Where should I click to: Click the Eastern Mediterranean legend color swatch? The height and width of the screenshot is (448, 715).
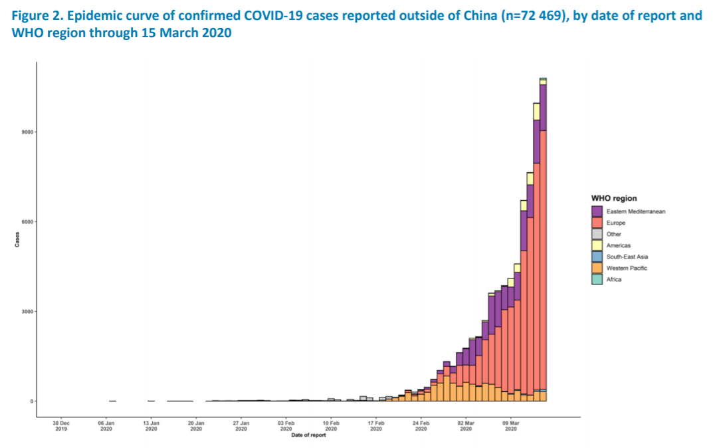[x=597, y=211]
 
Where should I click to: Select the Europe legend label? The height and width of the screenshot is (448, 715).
[x=615, y=223]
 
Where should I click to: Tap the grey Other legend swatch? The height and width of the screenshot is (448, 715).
[x=597, y=234]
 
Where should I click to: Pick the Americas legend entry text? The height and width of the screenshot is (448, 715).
[x=618, y=245]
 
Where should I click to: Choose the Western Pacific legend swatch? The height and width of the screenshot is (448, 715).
[x=597, y=268]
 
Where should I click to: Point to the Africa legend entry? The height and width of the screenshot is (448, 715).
[x=614, y=279]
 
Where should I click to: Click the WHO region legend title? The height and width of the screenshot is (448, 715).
[x=614, y=198]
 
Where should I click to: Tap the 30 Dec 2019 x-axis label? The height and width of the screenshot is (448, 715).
[x=60, y=425]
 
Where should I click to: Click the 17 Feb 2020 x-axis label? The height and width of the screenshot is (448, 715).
[x=376, y=425]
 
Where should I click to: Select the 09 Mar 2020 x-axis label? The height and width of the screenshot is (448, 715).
[x=511, y=425]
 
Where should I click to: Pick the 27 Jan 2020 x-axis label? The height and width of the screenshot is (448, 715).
[x=241, y=425]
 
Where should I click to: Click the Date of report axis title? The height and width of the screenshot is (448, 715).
[x=308, y=435]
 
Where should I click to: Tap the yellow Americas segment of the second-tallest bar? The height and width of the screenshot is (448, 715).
[x=536, y=111]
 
